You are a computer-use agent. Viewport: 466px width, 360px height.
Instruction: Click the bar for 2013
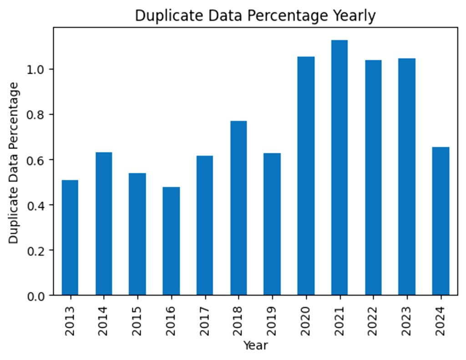point(70,238)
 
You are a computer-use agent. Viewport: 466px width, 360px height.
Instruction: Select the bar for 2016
point(171,241)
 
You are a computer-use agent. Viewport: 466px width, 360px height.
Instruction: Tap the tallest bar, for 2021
point(339,167)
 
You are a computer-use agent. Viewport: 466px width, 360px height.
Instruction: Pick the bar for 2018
point(238,208)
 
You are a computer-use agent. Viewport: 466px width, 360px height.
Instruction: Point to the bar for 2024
point(441,221)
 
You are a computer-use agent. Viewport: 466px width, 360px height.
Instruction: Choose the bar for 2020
point(306,176)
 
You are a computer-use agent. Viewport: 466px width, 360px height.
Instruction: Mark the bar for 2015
point(137,234)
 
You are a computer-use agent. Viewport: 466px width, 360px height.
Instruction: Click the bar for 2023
point(407,177)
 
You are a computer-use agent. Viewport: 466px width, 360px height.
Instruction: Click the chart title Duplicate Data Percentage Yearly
point(255,15)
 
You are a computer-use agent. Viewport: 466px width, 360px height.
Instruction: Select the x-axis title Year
point(255,345)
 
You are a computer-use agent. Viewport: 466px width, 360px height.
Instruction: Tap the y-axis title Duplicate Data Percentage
point(13,163)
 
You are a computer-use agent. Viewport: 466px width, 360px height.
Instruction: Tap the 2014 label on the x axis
point(103,321)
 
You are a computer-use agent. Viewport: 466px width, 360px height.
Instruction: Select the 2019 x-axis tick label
point(272,321)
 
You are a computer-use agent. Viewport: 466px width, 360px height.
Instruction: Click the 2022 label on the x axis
point(373,321)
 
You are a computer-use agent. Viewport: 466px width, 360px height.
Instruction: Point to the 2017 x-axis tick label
point(204,321)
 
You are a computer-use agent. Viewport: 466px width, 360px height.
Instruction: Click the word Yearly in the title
point(354,16)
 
